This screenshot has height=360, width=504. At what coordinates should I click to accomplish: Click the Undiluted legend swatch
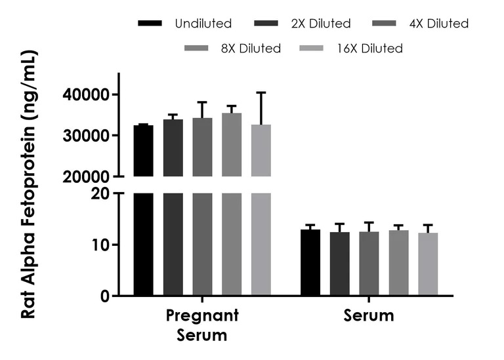150,24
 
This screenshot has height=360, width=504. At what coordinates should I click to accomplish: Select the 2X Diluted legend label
321,24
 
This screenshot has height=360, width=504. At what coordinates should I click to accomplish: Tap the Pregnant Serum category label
201,325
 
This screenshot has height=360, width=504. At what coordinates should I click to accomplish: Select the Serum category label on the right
369,316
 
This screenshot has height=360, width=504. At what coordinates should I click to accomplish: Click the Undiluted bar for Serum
310,263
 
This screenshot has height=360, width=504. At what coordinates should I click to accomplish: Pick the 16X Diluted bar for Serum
427,264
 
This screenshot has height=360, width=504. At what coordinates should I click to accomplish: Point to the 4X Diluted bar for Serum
369,264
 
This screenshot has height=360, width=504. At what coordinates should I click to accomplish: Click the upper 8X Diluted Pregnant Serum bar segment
232,145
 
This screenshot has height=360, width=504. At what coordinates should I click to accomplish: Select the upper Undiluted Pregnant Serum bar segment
144,151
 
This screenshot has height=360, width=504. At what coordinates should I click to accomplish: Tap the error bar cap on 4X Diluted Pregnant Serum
202,102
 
